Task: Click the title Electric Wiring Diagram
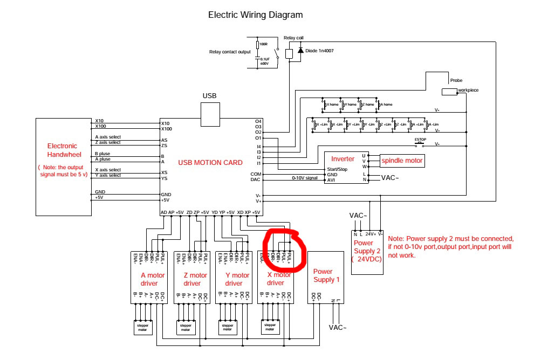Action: click(255, 15)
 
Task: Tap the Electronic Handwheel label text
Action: click(62, 150)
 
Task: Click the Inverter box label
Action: click(343, 159)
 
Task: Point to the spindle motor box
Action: click(402, 161)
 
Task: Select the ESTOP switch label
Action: click(420, 140)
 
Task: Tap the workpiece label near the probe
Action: click(468, 90)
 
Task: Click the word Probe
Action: click(456, 80)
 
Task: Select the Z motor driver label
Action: click(191, 279)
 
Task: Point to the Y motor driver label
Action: click(234, 279)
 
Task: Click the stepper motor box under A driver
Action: click(143, 327)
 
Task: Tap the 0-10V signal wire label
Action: click(305, 178)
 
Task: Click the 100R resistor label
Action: click(263, 44)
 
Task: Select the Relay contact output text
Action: click(230, 52)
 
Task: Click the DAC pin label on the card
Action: click(256, 179)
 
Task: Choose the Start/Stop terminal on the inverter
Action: click(337, 169)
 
